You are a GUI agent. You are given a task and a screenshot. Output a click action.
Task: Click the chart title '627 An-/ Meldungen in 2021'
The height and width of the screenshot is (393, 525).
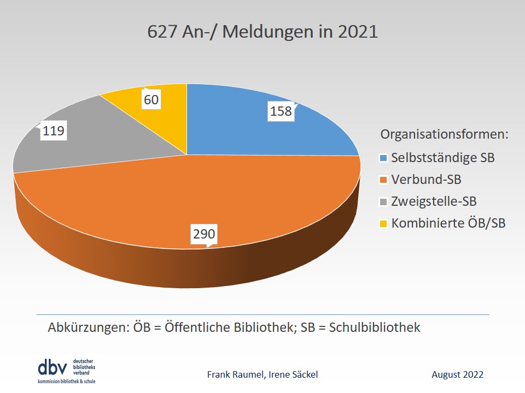[x=262, y=31]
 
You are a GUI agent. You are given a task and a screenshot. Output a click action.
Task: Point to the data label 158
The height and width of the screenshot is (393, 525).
[x=281, y=111]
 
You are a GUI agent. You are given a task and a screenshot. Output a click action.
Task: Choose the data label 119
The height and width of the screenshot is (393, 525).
[x=53, y=131]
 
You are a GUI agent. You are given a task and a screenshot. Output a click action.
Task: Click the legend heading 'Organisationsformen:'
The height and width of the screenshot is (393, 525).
[x=445, y=134]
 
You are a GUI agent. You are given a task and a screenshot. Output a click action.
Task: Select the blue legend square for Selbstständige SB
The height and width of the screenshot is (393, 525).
[x=384, y=159]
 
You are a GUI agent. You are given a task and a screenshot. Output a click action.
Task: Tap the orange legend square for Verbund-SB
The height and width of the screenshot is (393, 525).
[x=384, y=180]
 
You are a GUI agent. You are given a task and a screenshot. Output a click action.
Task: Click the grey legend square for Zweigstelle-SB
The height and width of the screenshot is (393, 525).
[x=384, y=202]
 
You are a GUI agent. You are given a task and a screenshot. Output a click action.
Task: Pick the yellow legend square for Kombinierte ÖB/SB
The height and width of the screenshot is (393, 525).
[x=384, y=223]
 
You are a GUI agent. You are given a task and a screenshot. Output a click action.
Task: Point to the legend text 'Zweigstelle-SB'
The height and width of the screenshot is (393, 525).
[x=434, y=201]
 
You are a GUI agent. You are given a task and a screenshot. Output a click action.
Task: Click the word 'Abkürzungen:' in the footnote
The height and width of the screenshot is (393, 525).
[x=87, y=327]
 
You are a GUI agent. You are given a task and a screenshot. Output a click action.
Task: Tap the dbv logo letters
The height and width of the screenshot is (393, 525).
[x=53, y=366]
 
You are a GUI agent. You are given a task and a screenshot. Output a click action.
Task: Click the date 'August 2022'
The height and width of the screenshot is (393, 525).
[x=457, y=374]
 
